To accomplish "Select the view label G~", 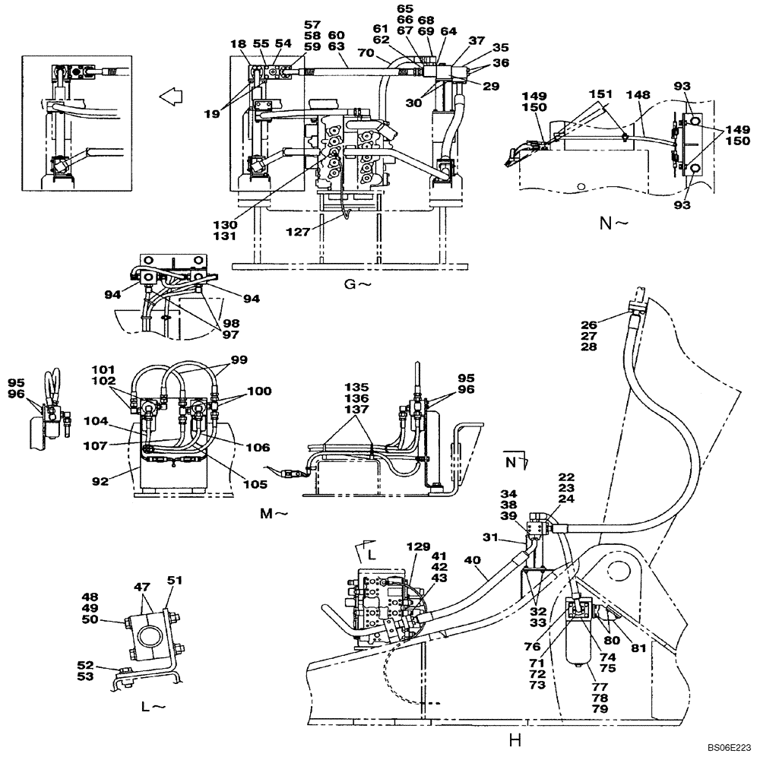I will click(x=354, y=283).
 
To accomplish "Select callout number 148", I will click(x=638, y=94).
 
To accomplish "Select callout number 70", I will click(x=366, y=54).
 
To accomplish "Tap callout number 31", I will click(x=511, y=538).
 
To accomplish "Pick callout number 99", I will click(x=239, y=359).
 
